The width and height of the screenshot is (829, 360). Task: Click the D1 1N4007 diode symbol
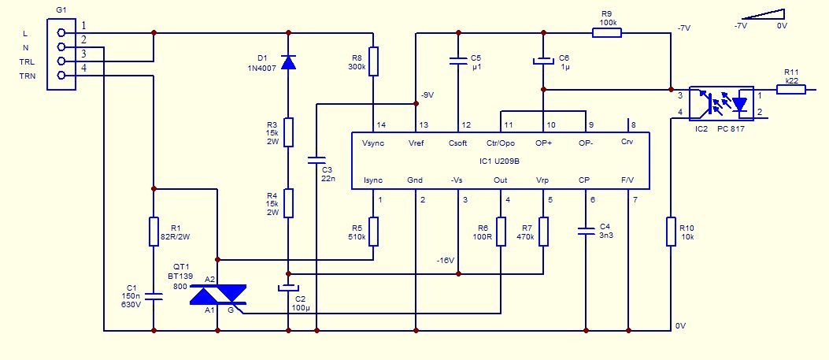[288, 62]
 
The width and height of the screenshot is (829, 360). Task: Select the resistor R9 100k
[606, 33]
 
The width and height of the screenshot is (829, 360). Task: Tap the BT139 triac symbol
[218, 295]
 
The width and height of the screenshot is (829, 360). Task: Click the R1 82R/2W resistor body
[154, 231]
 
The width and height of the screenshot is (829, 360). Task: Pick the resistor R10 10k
[671, 231]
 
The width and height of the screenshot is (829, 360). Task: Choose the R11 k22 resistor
[791, 89]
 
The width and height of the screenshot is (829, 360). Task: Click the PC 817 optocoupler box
[721, 104]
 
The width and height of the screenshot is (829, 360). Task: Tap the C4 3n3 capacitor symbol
[586, 231]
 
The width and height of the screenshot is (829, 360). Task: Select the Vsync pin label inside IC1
[373, 143]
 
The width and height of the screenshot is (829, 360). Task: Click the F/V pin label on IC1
[628, 180]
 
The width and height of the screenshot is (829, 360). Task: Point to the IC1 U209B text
[500, 161]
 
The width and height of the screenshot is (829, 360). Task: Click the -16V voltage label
[446, 261]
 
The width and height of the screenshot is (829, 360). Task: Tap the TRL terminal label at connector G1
[27, 61]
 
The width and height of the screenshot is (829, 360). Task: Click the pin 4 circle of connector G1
[61, 76]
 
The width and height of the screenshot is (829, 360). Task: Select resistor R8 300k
[373, 61]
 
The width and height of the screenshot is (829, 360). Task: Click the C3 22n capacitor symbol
[316, 159]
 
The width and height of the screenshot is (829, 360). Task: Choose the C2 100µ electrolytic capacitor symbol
[288, 289]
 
